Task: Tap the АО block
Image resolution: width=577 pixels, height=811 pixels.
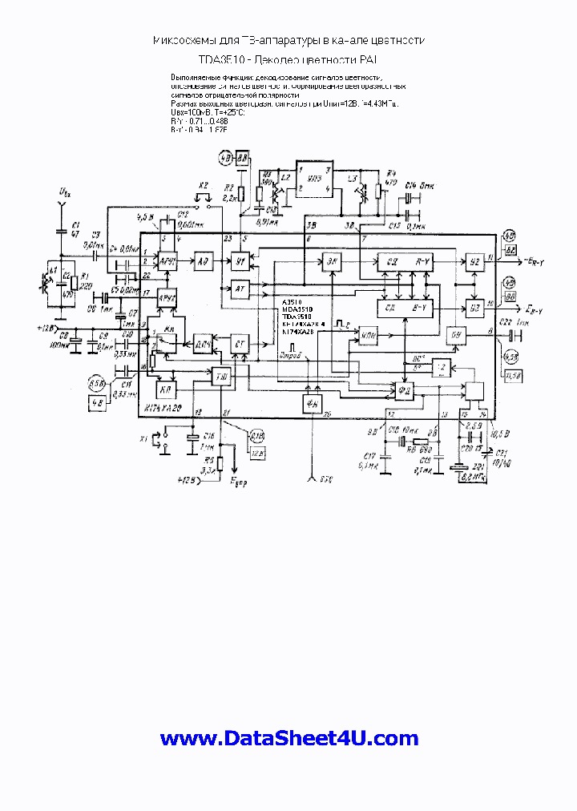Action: pyautogui.click(x=204, y=261)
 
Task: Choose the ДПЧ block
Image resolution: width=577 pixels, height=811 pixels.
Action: pyautogui.click(x=204, y=342)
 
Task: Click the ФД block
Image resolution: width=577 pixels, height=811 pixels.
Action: pyautogui.click(x=404, y=390)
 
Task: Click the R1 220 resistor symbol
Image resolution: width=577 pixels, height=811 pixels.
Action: pyautogui.click(x=74, y=281)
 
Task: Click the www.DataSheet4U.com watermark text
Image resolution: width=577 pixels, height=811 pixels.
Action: pyautogui.click(x=288, y=738)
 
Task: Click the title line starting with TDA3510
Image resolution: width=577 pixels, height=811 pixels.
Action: pyautogui.click(x=288, y=59)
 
